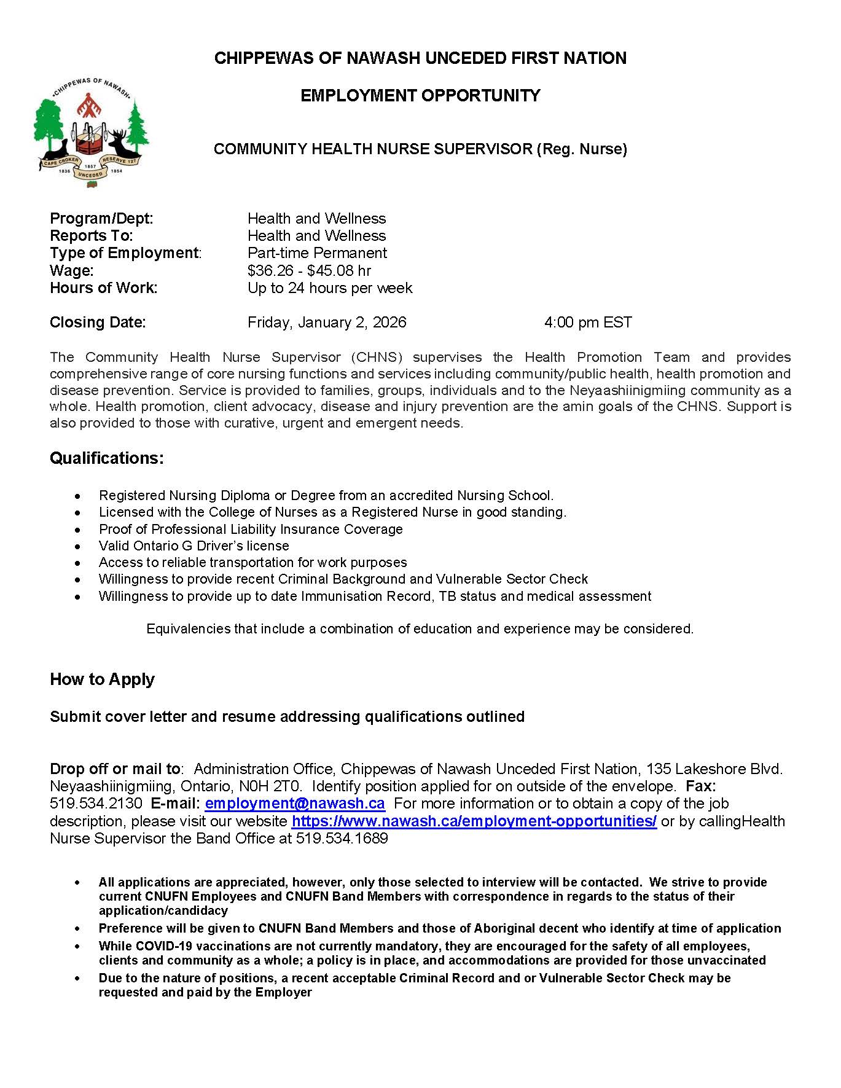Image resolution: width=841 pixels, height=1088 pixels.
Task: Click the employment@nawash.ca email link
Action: (295, 804)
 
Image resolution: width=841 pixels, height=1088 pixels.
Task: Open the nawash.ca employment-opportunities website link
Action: (474, 821)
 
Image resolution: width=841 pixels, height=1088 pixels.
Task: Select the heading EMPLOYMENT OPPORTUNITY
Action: (420, 96)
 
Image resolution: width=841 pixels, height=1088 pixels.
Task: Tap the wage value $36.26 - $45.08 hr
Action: (309, 270)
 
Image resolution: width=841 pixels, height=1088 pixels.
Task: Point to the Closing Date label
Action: (98, 323)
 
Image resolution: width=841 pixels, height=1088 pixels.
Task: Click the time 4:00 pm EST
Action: (587, 323)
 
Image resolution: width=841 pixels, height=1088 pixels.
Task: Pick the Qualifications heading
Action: (107, 458)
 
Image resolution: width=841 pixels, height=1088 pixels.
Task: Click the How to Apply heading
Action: (102, 679)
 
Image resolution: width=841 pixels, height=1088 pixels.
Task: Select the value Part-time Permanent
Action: (317, 253)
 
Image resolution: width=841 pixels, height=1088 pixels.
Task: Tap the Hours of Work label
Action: (103, 288)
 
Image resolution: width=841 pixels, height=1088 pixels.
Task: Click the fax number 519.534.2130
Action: (96, 804)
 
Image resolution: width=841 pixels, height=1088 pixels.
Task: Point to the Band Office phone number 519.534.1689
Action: (342, 839)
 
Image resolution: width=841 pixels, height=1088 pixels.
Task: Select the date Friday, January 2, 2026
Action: (327, 323)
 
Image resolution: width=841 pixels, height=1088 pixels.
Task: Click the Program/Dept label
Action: (101, 219)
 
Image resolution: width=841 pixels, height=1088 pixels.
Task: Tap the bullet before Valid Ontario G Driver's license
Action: (77, 546)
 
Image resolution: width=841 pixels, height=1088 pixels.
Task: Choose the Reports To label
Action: (91, 236)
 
